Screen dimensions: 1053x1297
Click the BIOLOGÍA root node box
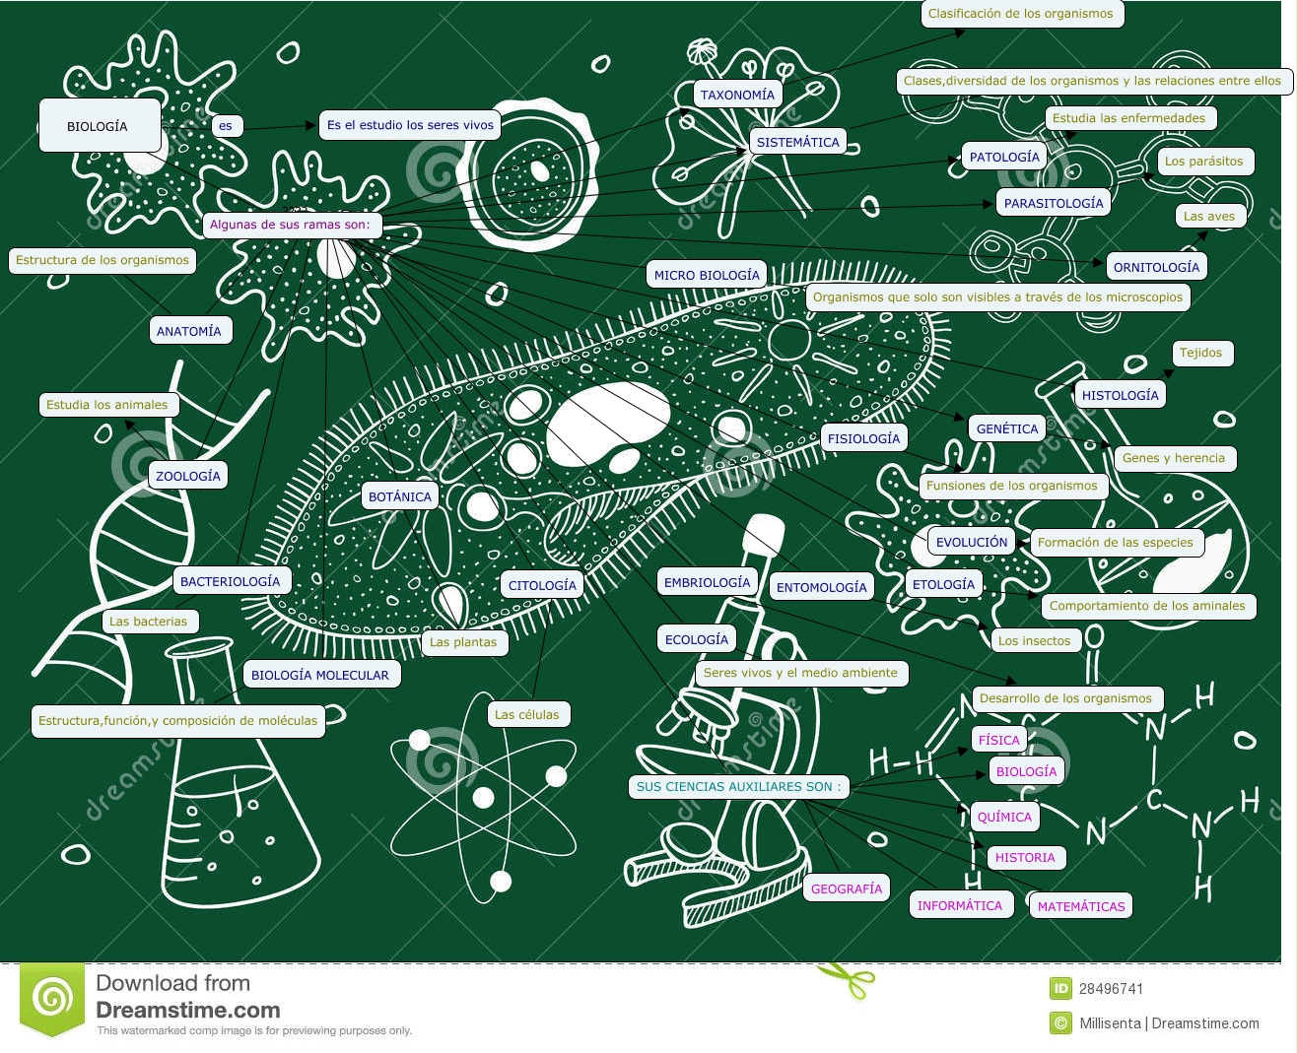pos(99,126)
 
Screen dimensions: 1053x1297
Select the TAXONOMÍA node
pos(737,95)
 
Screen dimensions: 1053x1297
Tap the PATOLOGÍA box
pos(1004,157)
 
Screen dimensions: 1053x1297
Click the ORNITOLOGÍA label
pos(1156,267)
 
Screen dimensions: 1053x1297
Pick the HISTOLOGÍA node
pos(1120,395)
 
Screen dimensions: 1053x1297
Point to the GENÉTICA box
pos(1007,428)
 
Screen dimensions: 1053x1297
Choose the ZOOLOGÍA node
pos(188,476)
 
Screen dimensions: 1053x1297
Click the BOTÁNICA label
pos(400,496)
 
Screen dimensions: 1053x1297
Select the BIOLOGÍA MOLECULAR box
pos(320,675)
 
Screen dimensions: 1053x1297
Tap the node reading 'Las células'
pos(526,714)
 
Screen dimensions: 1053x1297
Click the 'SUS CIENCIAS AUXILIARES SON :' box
pos(739,786)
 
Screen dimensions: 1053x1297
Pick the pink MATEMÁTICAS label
pos(1081,906)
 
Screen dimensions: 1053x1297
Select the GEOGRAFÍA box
pos(847,888)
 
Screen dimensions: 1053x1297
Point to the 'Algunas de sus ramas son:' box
pos(290,225)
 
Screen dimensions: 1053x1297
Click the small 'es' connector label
pos(226,125)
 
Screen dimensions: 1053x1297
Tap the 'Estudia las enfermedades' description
pos(1128,118)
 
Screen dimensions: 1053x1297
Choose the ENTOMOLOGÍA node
pos(821,587)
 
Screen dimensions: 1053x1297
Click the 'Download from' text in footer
pos(172,983)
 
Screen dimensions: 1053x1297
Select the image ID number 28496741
pos(1111,989)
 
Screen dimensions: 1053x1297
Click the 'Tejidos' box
pos(1200,353)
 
